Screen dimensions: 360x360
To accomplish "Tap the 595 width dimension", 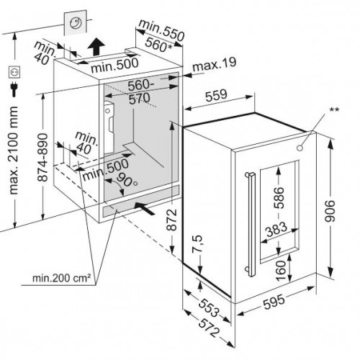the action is coord(274,302).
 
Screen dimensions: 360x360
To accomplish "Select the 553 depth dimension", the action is coord(209,307).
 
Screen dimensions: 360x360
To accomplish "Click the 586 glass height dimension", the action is coord(279,198).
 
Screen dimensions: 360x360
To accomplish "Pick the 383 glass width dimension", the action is coord(276,229).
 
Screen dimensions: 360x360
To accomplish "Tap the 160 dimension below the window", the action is coord(281,271).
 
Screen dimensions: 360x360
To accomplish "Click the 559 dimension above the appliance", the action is coord(216,95).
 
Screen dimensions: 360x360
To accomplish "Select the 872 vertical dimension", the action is coord(172,220).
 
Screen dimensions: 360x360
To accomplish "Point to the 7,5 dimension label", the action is coord(197,244).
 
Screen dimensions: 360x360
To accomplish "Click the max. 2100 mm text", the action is coord(13,150).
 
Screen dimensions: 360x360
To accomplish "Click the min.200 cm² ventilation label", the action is coord(61,278).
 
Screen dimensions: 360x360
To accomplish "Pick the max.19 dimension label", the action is coord(214,64).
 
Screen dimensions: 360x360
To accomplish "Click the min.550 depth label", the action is coord(162,30).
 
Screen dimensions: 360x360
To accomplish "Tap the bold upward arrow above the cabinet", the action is coord(96,46).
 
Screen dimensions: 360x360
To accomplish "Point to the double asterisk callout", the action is coord(334,110).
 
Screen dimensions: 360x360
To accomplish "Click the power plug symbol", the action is coord(14,89).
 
